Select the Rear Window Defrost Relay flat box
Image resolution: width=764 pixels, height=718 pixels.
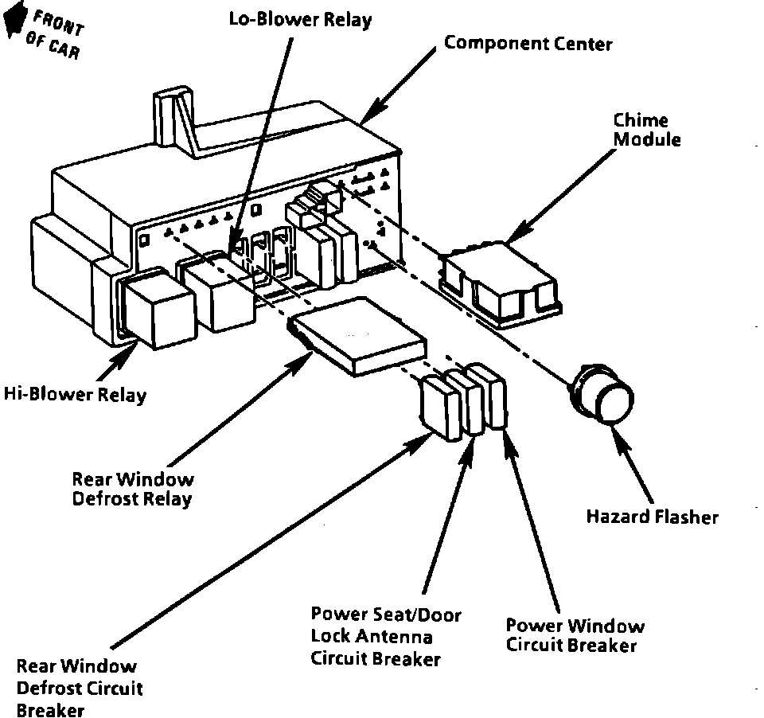tap(359, 334)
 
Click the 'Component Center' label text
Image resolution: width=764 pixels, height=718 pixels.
tap(528, 43)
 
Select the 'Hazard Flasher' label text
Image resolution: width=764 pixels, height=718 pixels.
tap(652, 517)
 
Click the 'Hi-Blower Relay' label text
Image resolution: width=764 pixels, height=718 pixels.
tap(75, 395)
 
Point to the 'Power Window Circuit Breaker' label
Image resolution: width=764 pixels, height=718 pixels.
tap(575, 635)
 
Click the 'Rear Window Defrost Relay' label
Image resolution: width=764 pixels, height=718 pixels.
tap(132, 490)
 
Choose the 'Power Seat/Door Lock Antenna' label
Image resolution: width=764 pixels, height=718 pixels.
tap(385, 636)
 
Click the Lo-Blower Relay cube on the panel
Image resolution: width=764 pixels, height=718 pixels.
tap(218, 290)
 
